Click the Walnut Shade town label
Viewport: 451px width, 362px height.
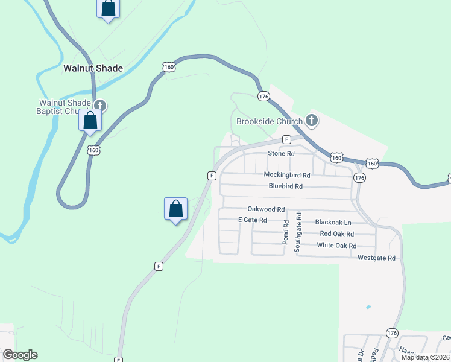click(93, 68)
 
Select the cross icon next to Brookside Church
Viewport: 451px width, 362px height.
click(311, 121)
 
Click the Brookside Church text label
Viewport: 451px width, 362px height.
click(269, 121)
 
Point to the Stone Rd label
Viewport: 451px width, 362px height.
click(281, 154)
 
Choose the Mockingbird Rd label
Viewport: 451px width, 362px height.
click(286, 175)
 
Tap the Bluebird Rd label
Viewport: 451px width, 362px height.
click(285, 186)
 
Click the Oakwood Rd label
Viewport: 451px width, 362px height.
click(266, 209)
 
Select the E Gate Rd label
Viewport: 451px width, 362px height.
click(252, 220)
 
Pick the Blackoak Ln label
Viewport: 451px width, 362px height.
click(329, 222)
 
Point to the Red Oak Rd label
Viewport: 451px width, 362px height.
click(336, 233)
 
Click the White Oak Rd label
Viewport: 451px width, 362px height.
click(336, 246)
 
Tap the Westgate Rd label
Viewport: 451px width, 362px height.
click(376, 258)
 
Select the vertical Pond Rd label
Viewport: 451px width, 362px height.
click(286, 232)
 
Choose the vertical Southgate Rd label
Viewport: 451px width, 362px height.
click(298, 232)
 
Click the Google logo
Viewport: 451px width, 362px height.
click(20, 354)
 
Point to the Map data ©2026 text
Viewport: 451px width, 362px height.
click(424, 357)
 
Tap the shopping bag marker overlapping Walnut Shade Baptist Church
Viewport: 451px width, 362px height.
click(90, 120)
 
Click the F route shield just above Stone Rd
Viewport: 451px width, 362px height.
click(286, 139)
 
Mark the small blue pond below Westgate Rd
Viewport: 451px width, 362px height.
click(368, 307)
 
